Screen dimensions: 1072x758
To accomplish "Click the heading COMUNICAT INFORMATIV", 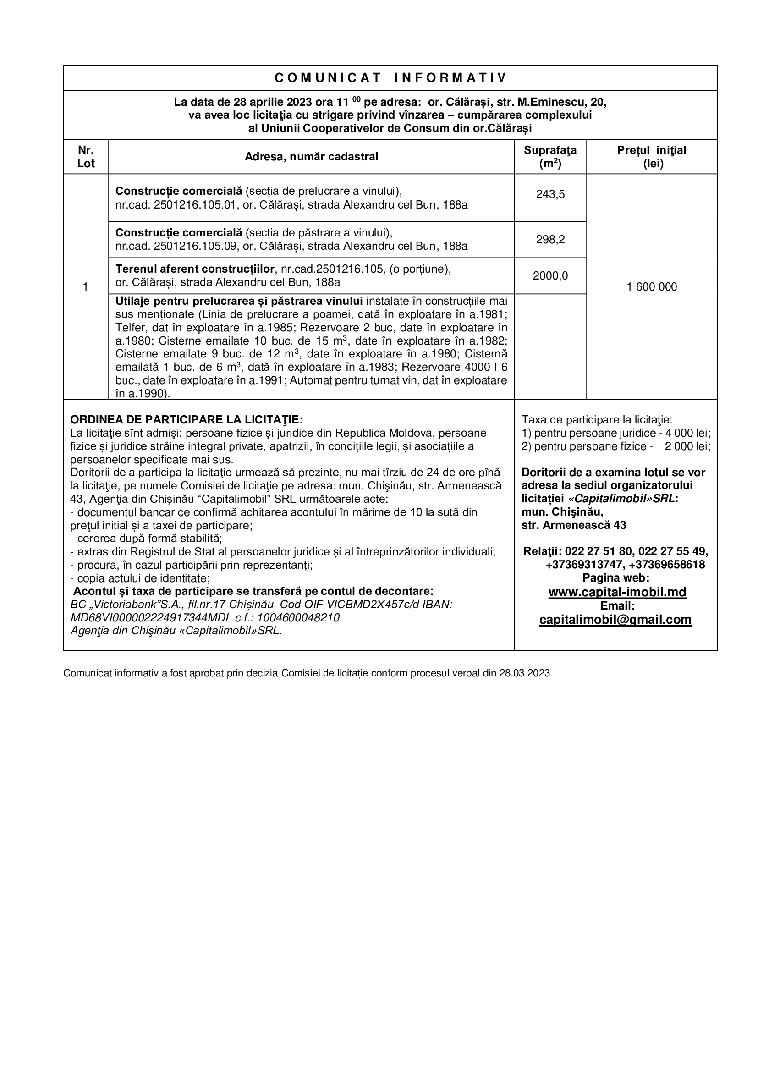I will tap(390, 78).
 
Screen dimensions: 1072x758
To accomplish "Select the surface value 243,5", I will tap(550, 194).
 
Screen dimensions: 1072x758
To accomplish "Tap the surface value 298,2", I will tap(550, 240).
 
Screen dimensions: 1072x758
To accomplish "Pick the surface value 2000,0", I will tap(550, 276).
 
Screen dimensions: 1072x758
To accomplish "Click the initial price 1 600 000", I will tap(652, 286).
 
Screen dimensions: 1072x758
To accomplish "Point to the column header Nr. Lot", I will tap(86, 157).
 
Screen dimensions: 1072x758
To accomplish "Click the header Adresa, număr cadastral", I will tap(311, 157).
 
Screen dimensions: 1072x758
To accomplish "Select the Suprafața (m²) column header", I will tap(550, 157).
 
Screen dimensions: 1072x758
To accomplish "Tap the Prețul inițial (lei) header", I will tap(652, 157).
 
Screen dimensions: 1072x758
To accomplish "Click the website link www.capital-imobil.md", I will tap(617, 592).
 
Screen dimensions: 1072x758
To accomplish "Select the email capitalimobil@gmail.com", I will tap(615, 620).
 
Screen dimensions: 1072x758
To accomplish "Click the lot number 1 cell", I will tap(85, 286).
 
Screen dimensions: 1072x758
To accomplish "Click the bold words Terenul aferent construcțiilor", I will tap(195, 269).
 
